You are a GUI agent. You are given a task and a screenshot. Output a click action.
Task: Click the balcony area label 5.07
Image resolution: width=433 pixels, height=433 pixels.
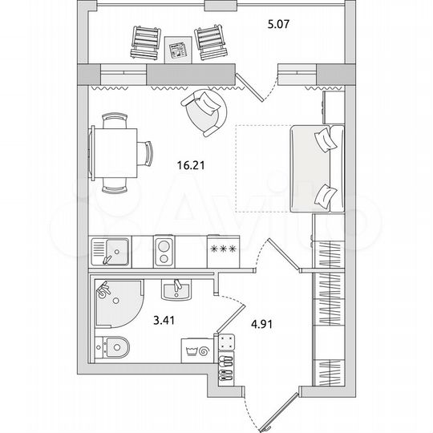click(278, 25)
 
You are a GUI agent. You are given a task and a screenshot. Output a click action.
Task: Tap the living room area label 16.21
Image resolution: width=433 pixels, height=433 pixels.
click(189, 168)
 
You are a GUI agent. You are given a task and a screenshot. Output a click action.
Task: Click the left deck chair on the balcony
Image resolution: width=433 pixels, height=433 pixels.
click(145, 42)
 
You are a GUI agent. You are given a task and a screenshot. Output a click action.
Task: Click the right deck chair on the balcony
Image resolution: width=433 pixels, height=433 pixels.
click(209, 42)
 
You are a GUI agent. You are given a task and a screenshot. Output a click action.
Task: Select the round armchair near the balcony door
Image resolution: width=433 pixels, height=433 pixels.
click(206, 113)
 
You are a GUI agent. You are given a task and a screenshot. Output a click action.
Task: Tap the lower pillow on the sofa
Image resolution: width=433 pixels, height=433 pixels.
click(326, 196)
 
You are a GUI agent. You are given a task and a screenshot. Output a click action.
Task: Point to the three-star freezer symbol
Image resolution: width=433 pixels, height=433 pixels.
click(222, 249)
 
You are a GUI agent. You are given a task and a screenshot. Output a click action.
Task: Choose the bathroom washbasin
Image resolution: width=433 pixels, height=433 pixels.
click(176, 288)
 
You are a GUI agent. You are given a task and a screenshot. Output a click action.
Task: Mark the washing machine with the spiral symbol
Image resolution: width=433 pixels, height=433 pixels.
click(198, 351)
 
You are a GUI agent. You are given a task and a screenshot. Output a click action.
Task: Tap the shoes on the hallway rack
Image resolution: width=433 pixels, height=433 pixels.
click(226, 363)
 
